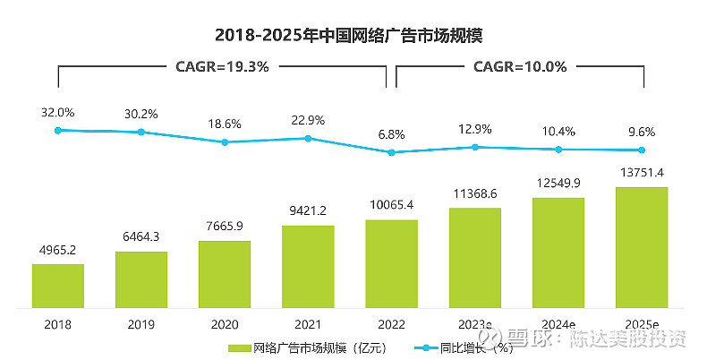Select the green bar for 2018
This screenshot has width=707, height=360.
(x=58, y=285)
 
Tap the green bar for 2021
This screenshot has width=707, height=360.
(x=308, y=265)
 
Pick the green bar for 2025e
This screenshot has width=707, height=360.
(x=642, y=246)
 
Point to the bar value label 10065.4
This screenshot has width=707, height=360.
(x=391, y=206)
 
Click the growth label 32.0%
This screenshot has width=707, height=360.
(x=57, y=113)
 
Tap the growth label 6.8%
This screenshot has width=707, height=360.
(x=391, y=134)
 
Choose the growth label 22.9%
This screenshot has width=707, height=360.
(x=308, y=121)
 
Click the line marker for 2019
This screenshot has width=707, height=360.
(x=141, y=133)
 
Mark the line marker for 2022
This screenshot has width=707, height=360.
(x=391, y=152)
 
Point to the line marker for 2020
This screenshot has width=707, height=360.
(x=225, y=142)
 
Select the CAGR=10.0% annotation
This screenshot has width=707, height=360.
(x=519, y=66)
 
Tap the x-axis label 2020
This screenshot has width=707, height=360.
(x=225, y=324)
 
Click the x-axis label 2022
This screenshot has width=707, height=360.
(x=391, y=324)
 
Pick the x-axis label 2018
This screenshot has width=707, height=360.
(x=57, y=324)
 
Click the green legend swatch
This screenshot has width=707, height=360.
(x=239, y=347)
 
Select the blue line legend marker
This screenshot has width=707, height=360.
(x=419, y=347)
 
